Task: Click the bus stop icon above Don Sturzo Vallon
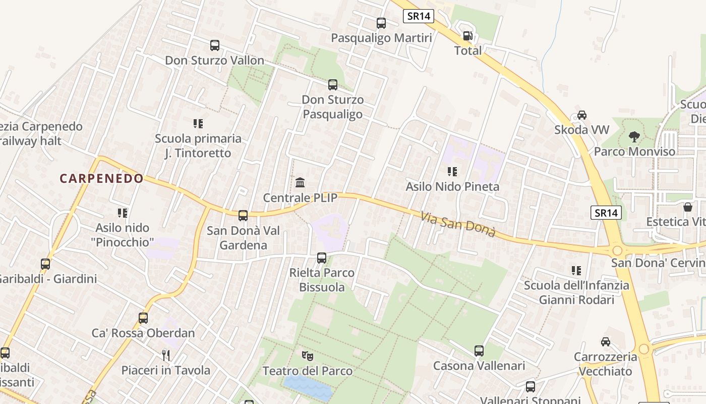point(215,45)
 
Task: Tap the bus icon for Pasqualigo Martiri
point(381,23)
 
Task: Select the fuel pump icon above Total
point(468,36)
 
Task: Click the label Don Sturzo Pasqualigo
point(332,107)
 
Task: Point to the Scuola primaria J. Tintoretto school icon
point(198,124)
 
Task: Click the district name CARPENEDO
point(102,178)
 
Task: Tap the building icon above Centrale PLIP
point(300,182)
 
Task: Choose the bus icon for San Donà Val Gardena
point(243,216)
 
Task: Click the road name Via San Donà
point(458,225)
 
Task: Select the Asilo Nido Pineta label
point(452,186)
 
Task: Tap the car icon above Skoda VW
point(581,115)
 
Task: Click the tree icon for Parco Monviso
point(634,136)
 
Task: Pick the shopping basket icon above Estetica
point(688,207)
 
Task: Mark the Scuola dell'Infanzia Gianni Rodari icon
point(576,271)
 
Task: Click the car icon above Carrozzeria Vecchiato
point(606,342)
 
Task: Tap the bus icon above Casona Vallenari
point(479,350)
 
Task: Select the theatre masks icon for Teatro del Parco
point(307,356)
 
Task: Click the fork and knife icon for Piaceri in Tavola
point(166,356)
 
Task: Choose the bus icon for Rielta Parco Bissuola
point(322,258)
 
